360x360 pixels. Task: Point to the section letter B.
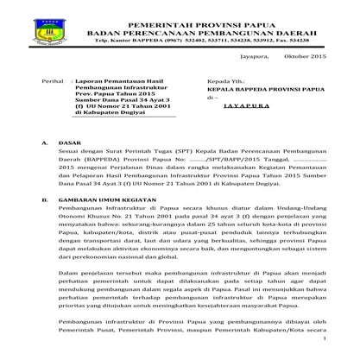[44, 206]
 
